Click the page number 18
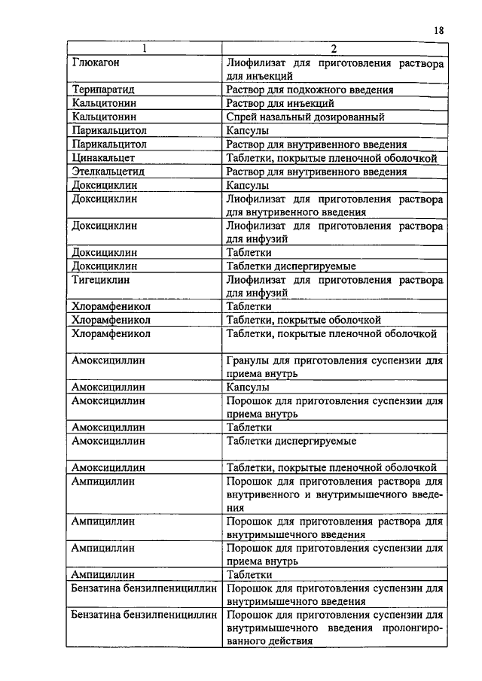(438, 31)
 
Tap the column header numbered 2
(333, 50)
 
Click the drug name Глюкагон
(96, 63)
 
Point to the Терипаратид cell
(103, 90)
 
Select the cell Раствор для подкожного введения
(309, 90)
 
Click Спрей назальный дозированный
(305, 117)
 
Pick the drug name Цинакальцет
(103, 158)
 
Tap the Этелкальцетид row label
(108, 172)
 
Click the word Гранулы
(246, 360)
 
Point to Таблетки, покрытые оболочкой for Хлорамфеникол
(304, 320)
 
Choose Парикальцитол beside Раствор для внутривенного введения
(108, 144)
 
